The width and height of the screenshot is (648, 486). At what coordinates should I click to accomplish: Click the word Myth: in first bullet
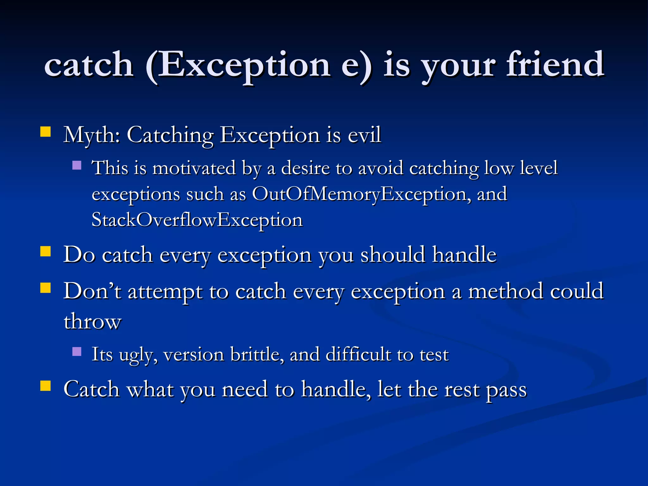[x=92, y=135]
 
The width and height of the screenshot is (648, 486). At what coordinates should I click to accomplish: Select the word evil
[x=364, y=135]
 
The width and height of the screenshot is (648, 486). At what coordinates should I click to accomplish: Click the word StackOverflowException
[x=197, y=220]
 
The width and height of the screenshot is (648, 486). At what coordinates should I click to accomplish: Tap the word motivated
[x=194, y=168]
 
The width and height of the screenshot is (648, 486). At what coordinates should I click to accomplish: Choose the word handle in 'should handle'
[x=464, y=255]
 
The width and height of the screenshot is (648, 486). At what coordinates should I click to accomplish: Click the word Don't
[x=92, y=291]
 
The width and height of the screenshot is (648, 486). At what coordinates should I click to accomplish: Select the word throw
[x=92, y=321]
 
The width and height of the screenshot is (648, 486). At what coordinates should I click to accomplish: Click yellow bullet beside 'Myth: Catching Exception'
[x=46, y=132]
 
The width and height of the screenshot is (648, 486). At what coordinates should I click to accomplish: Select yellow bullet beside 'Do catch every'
[x=46, y=252]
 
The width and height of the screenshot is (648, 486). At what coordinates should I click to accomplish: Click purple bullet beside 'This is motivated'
[x=77, y=165]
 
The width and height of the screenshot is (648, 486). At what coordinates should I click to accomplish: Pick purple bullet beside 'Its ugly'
[x=77, y=352]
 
